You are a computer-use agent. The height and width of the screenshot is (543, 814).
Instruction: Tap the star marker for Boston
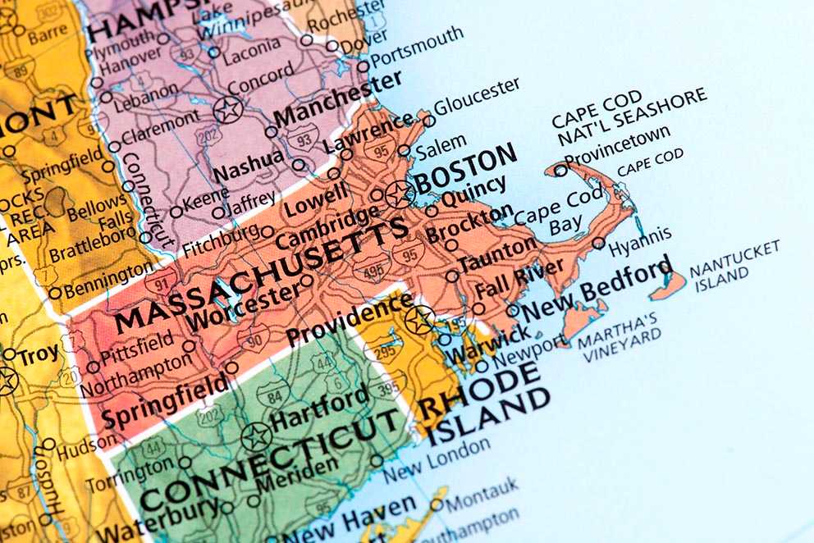click(400, 194)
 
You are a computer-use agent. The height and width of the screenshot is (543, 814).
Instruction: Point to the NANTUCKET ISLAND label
click(734, 266)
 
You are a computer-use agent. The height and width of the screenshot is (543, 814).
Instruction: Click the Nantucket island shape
click(668, 286)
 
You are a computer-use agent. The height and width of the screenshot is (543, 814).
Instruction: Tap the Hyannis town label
click(640, 239)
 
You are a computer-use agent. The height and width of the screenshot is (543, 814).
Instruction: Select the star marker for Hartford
click(256, 436)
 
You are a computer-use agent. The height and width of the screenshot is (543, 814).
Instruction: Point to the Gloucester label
click(477, 97)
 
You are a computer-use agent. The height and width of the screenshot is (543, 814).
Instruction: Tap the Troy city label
click(39, 355)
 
